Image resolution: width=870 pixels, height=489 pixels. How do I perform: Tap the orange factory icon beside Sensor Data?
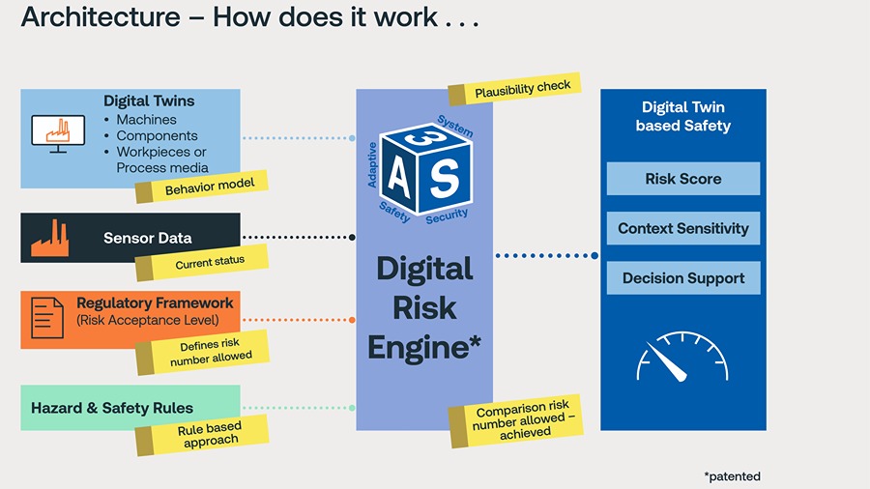(x=49, y=239)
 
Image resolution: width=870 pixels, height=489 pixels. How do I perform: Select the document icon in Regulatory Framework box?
(x=47, y=317)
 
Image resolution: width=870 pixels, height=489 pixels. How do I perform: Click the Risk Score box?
(x=682, y=179)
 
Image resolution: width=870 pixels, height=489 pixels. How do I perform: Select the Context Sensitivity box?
(x=682, y=229)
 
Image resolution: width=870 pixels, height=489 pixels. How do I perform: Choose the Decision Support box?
(x=682, y=278)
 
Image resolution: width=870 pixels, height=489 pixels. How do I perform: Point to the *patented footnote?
(x=732, y=476)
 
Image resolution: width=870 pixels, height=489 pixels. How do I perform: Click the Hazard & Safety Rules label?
(x=112, y=408)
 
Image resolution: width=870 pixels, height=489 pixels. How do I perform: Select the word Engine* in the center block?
(x=424, y=347)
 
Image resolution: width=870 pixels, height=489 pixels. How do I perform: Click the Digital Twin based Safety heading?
(x=682, y=116)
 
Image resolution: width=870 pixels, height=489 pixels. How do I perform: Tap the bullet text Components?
(x=157, y=136)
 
